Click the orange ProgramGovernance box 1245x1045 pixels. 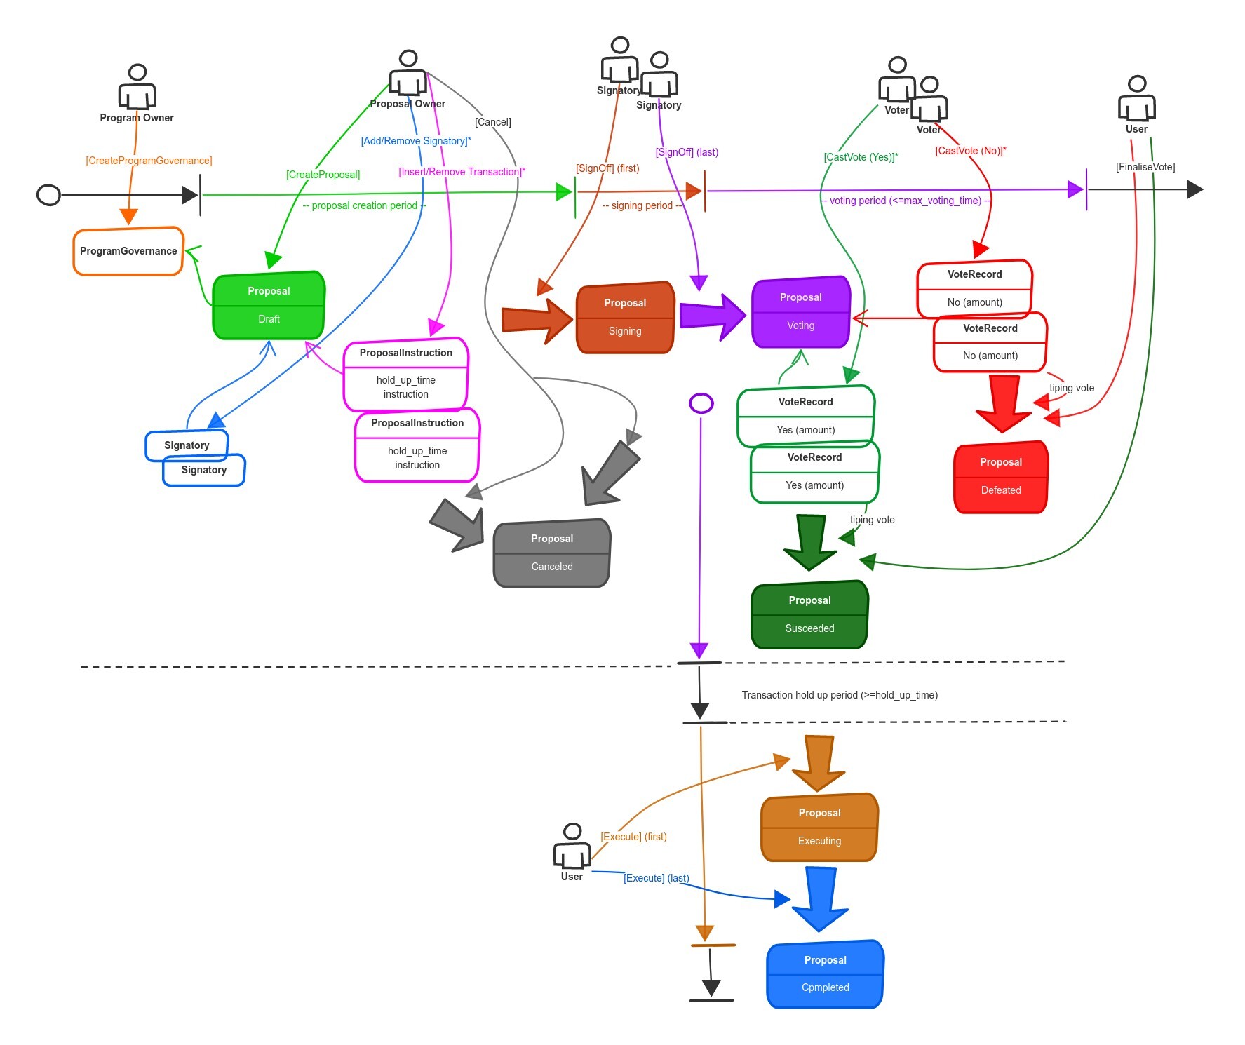(128, 251)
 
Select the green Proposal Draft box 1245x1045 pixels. (269, 306)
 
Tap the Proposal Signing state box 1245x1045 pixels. (625, 318)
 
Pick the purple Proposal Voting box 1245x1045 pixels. (801, 312)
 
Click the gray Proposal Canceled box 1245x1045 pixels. (552, 553)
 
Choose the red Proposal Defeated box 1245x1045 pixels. (1001, 477)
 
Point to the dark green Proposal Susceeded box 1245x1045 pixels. (809, 615)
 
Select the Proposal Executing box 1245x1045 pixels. (819, 828)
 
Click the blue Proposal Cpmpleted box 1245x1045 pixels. (825, 974)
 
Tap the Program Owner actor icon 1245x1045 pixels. (137, 87)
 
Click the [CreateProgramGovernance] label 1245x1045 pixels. (149, 161)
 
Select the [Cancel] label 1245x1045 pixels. (493, 122)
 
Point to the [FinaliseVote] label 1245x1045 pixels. (1145, 167)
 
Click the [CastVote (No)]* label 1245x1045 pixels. (971, 151)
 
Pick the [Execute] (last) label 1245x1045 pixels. (657, 878)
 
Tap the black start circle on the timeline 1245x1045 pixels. (48, 195)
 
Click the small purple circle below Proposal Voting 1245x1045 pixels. (701, 403)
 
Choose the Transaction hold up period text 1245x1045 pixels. (840, 695)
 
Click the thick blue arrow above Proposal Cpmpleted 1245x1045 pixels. (820, 898)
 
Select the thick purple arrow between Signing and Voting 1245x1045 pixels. (712, 316)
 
